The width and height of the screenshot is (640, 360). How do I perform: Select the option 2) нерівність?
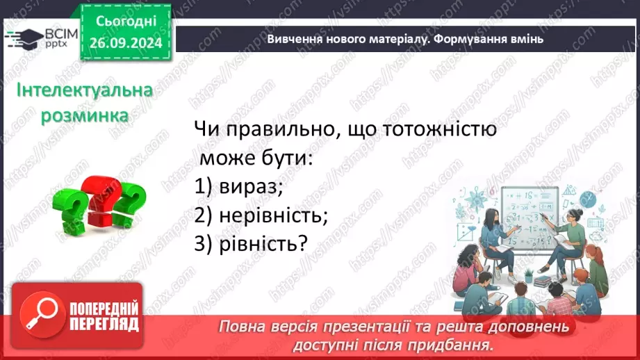click(x=261, y=215)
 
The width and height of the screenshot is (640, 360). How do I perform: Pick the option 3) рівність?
click(x=251, y=244)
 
